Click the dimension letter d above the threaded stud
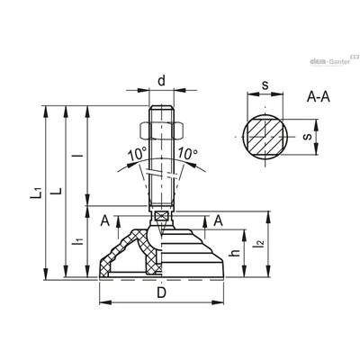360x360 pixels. (x=161, y=81)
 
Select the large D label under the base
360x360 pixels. (x=161, y=292)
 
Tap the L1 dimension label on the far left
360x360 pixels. (x=36, y=193)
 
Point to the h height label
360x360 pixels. (x=237, y=253)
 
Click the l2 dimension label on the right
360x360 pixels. (x=259, y=242)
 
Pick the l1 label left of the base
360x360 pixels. (x=78, y=240)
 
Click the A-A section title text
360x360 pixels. (x=319, y=96)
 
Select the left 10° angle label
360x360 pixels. (x=137, y=155)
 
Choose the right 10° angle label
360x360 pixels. (x=188, y=154)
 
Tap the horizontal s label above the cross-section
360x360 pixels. (x=265, y=85)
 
